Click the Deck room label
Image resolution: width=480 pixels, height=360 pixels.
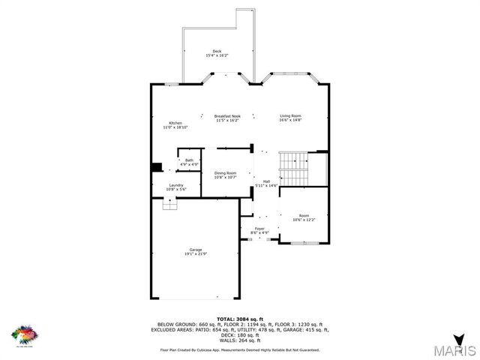coord(217,51)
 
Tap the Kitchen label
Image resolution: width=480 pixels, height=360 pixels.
coord(175,123)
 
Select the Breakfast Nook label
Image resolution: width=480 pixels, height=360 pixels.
coord(226,116)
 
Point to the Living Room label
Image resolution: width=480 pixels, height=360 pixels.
coord(290,115)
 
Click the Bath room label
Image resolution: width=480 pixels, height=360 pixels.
coord(189,160)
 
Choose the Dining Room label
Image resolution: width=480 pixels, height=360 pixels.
coord(225,173)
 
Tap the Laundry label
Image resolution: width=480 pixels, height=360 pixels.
coord(176,185)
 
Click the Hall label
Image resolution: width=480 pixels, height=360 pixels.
coord(266,181)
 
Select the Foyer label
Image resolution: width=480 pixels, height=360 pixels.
coord(259,228)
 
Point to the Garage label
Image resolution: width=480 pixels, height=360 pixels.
coord(196,250)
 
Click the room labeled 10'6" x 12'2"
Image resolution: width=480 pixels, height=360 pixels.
coord(304,217)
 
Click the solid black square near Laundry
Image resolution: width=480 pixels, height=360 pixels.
coord(157,168)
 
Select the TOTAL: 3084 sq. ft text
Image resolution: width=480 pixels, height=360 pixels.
coord(240,319)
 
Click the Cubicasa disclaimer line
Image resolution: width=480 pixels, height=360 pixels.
coord(240,350)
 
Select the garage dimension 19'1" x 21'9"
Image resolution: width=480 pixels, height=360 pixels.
coord(196,254)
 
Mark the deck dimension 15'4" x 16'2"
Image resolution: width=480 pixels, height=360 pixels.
coord(217,55)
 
